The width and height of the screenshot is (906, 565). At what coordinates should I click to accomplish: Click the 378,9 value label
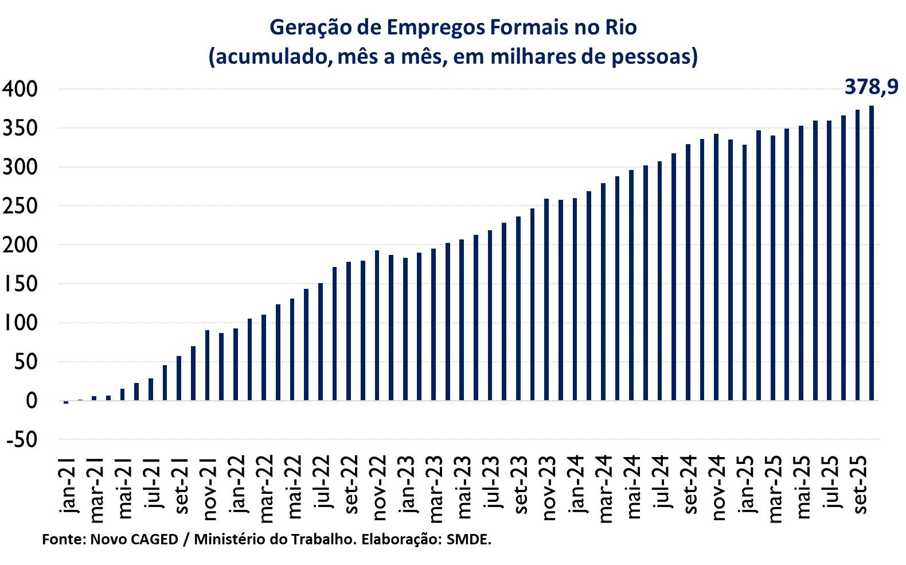click(x=871, y=87)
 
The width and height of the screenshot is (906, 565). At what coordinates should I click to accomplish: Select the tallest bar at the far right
click(x=872, y=253)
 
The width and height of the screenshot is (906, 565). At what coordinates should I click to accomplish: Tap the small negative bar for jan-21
click(x=66, y=403)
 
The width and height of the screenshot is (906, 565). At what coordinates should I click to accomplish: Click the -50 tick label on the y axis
click(x=22, y=440)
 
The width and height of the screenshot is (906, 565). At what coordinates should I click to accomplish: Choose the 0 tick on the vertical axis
click(x=31, y=401)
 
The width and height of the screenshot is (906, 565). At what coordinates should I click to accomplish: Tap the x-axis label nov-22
click(x=380, y=487)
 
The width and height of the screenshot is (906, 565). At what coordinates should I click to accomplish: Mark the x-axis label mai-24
click(x=634, y=486)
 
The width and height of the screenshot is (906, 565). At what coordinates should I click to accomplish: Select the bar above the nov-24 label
click(x=716, y=267)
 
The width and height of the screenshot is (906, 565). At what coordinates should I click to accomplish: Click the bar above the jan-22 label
click(x=236, y=365)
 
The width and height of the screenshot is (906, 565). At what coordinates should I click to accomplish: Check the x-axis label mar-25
click(x=775, y=489)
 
